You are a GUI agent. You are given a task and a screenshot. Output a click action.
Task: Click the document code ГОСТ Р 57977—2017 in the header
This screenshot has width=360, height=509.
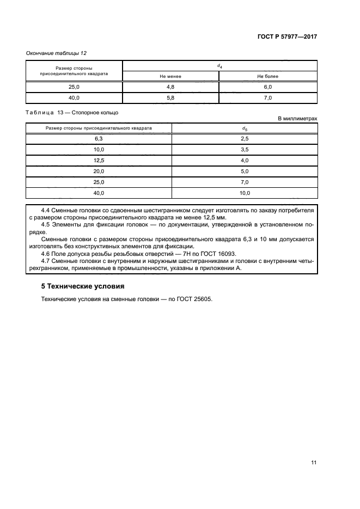click(287, 36)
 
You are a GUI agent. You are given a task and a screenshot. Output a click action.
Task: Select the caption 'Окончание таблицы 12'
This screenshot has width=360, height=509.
click(57, 53)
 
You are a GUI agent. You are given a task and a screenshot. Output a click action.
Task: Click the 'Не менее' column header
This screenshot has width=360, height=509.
click(170, 76)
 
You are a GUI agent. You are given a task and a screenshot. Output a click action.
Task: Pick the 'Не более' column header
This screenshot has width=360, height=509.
click(267, 76)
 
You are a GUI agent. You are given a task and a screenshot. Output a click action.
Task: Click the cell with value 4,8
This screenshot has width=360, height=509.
click(170, 87)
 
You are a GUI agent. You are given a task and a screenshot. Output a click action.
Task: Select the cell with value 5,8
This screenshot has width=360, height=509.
click(170, 98)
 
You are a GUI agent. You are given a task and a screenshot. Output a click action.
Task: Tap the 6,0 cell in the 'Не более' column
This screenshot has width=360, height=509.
click(267, 87)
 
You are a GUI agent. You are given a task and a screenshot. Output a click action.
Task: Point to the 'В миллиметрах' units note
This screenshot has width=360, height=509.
click(297, 118)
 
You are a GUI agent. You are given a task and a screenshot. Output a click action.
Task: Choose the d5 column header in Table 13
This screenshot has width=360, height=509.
click(245, 128)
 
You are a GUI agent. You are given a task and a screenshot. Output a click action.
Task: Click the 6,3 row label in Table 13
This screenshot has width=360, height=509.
click(99, 139)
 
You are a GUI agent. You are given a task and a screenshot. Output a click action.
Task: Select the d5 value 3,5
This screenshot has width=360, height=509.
click(245, 150)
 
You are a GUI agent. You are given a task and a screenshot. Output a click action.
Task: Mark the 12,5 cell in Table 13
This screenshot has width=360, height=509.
click(99, 161)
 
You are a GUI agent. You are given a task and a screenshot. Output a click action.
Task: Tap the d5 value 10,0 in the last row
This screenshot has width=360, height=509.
click(245, 193)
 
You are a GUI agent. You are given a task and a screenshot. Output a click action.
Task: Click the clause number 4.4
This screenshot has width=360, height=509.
click(46, 210)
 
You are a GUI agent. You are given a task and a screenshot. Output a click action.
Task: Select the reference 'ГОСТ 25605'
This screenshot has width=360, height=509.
click(194, 299)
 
